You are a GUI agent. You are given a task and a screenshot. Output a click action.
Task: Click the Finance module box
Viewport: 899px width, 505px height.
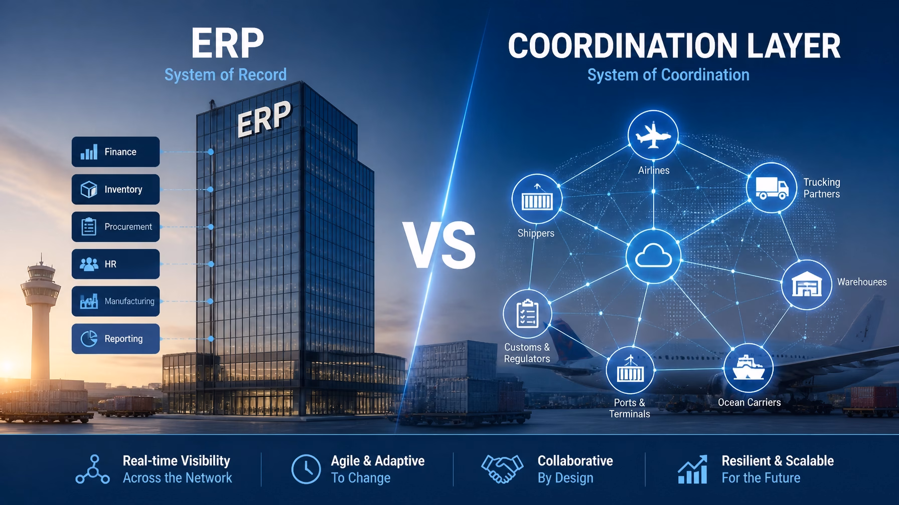(115, 152)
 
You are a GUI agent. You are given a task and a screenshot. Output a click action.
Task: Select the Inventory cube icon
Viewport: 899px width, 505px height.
(89, 189)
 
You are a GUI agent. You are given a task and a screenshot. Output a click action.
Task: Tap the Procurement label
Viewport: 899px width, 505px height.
(128, 227)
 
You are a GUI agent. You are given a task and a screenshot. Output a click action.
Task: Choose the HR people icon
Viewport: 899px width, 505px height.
(89, 264)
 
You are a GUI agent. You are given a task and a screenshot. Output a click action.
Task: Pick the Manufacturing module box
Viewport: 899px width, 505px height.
(115, 301)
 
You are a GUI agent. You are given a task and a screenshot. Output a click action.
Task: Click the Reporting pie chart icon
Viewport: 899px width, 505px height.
(89, 339)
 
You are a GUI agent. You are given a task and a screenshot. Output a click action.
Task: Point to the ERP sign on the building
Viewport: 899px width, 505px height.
(263, 118)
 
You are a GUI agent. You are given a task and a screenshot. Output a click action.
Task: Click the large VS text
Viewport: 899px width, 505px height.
(439, 245)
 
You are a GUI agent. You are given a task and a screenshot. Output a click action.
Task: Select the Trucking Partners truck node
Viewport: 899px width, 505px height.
(772, 188)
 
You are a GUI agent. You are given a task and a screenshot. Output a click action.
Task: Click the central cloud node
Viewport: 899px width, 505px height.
(653, 257)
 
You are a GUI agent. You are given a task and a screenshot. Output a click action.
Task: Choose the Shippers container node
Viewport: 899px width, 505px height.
(537, 199)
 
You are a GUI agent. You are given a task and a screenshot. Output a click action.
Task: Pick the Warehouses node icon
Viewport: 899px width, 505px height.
(807, 285)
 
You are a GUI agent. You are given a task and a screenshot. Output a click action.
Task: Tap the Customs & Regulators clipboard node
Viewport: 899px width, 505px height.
(527, 314)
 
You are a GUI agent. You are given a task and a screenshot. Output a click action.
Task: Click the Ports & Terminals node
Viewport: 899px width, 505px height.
(630, 371)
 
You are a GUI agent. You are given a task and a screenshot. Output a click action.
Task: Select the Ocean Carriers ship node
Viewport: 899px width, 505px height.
(748, 369)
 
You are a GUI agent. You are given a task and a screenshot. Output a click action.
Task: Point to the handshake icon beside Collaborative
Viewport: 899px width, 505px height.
(501, 469)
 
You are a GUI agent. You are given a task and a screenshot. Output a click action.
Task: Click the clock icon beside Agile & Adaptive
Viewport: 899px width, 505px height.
(306, 469)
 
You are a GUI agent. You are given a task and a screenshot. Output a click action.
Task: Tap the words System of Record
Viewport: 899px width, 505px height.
(226, 75)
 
